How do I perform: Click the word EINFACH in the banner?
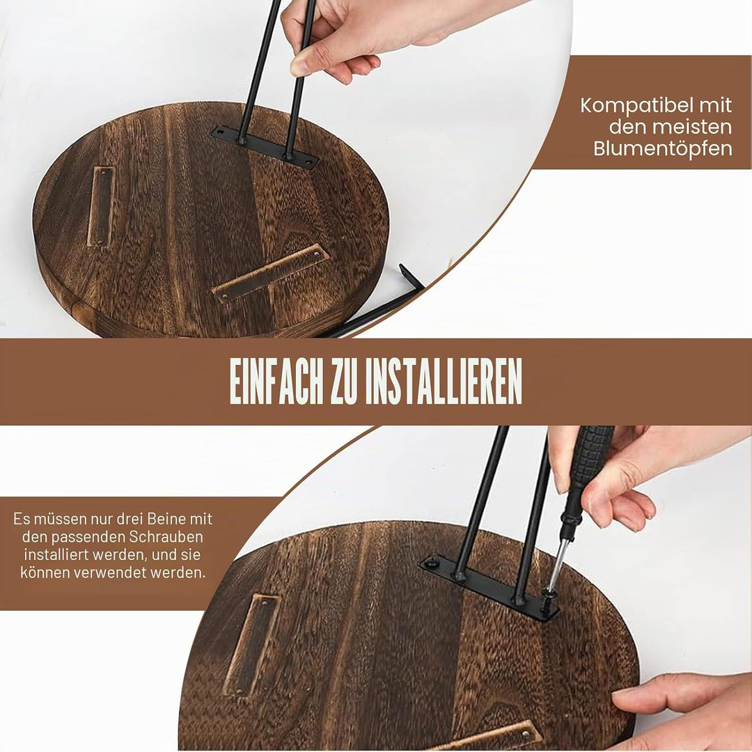[276, 381]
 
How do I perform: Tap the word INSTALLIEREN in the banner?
[443, 381]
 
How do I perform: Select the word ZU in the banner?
[345, 381]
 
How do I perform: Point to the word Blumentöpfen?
[663, 149]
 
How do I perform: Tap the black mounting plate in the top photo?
[265, 147]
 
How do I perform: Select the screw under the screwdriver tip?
[547, 597]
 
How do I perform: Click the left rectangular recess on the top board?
[101, 206]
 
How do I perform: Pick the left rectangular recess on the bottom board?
[252, 645]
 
